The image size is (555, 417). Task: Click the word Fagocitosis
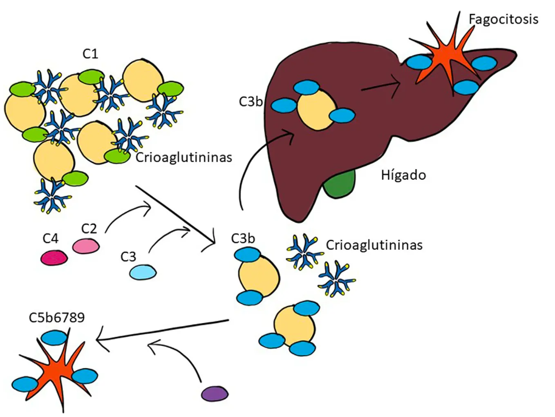pos(504,20)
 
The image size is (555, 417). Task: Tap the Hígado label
pos(403,175)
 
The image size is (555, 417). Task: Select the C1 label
pos(90,54)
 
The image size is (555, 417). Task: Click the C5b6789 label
pos(57,318)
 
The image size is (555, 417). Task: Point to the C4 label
pos(51,238)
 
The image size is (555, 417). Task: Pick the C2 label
pos(89,229)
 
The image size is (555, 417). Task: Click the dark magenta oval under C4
pos(54,258)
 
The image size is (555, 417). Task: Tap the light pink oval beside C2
pos(86,246)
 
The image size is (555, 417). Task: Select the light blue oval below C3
pos(143,272)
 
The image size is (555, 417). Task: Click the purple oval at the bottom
pos(215,393)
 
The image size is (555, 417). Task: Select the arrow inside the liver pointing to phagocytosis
pos(381,86)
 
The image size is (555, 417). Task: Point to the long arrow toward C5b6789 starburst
pos(163,330)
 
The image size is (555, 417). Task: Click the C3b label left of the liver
pos(251,102)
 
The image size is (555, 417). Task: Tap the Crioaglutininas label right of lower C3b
pos(374,245)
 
